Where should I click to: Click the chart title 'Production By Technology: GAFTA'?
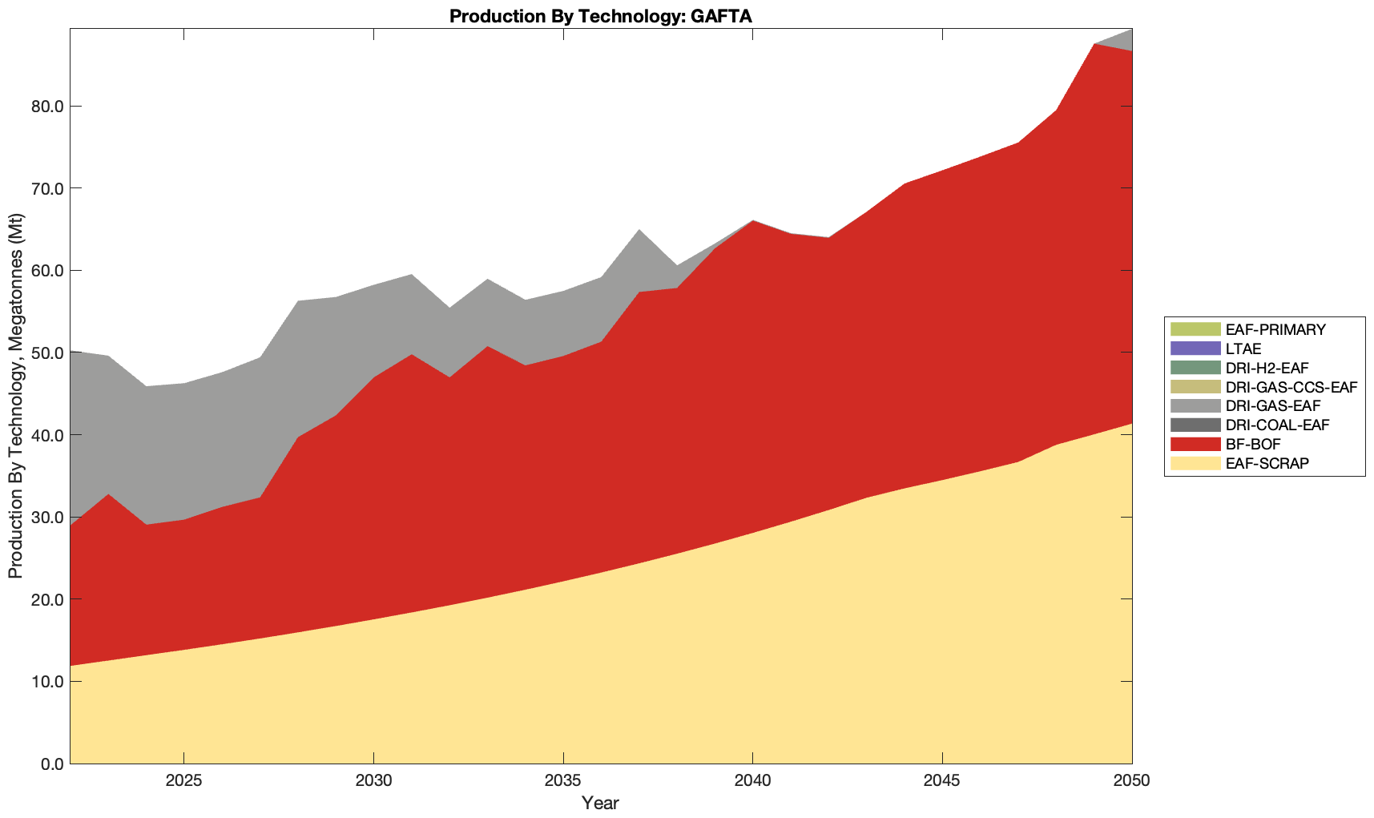(x=600, y=16)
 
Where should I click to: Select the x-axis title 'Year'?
(x=600, y=803)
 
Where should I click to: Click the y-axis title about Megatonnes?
(x=15, y=396)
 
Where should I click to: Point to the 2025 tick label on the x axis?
(x=183, y=782)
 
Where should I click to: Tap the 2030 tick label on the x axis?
(x=373, y=782)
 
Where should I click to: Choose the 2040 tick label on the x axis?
(x=752, y=782)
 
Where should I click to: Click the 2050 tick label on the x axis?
(x=1131, y=782)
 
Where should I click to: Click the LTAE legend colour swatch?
(x=1195, y=349)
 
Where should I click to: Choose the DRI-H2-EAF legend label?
(x=1267, y=368)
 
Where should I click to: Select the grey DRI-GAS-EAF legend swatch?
(x=1195, y=406)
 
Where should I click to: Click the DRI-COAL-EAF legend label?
(x=1277, y=425)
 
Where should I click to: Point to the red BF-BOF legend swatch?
(x=1195, y=444)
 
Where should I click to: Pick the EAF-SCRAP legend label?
(x=1267, y=463)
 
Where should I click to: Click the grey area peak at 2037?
(x=639, y=240)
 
